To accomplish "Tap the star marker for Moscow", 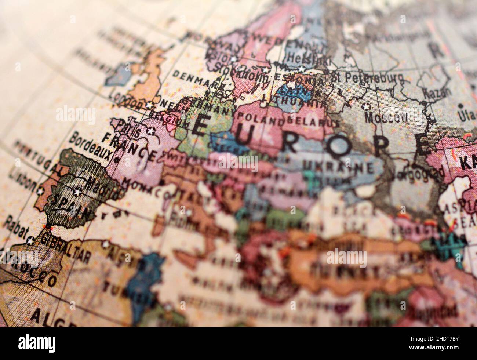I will click(365, 106).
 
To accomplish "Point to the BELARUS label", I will click(307, 121).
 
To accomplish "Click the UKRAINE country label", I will click(337, 167).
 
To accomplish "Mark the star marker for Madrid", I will click(77, 192).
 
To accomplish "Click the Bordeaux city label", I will click(90, 145).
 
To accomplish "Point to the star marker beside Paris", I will click(150, 130).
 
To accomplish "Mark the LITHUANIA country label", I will click(294, 101).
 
